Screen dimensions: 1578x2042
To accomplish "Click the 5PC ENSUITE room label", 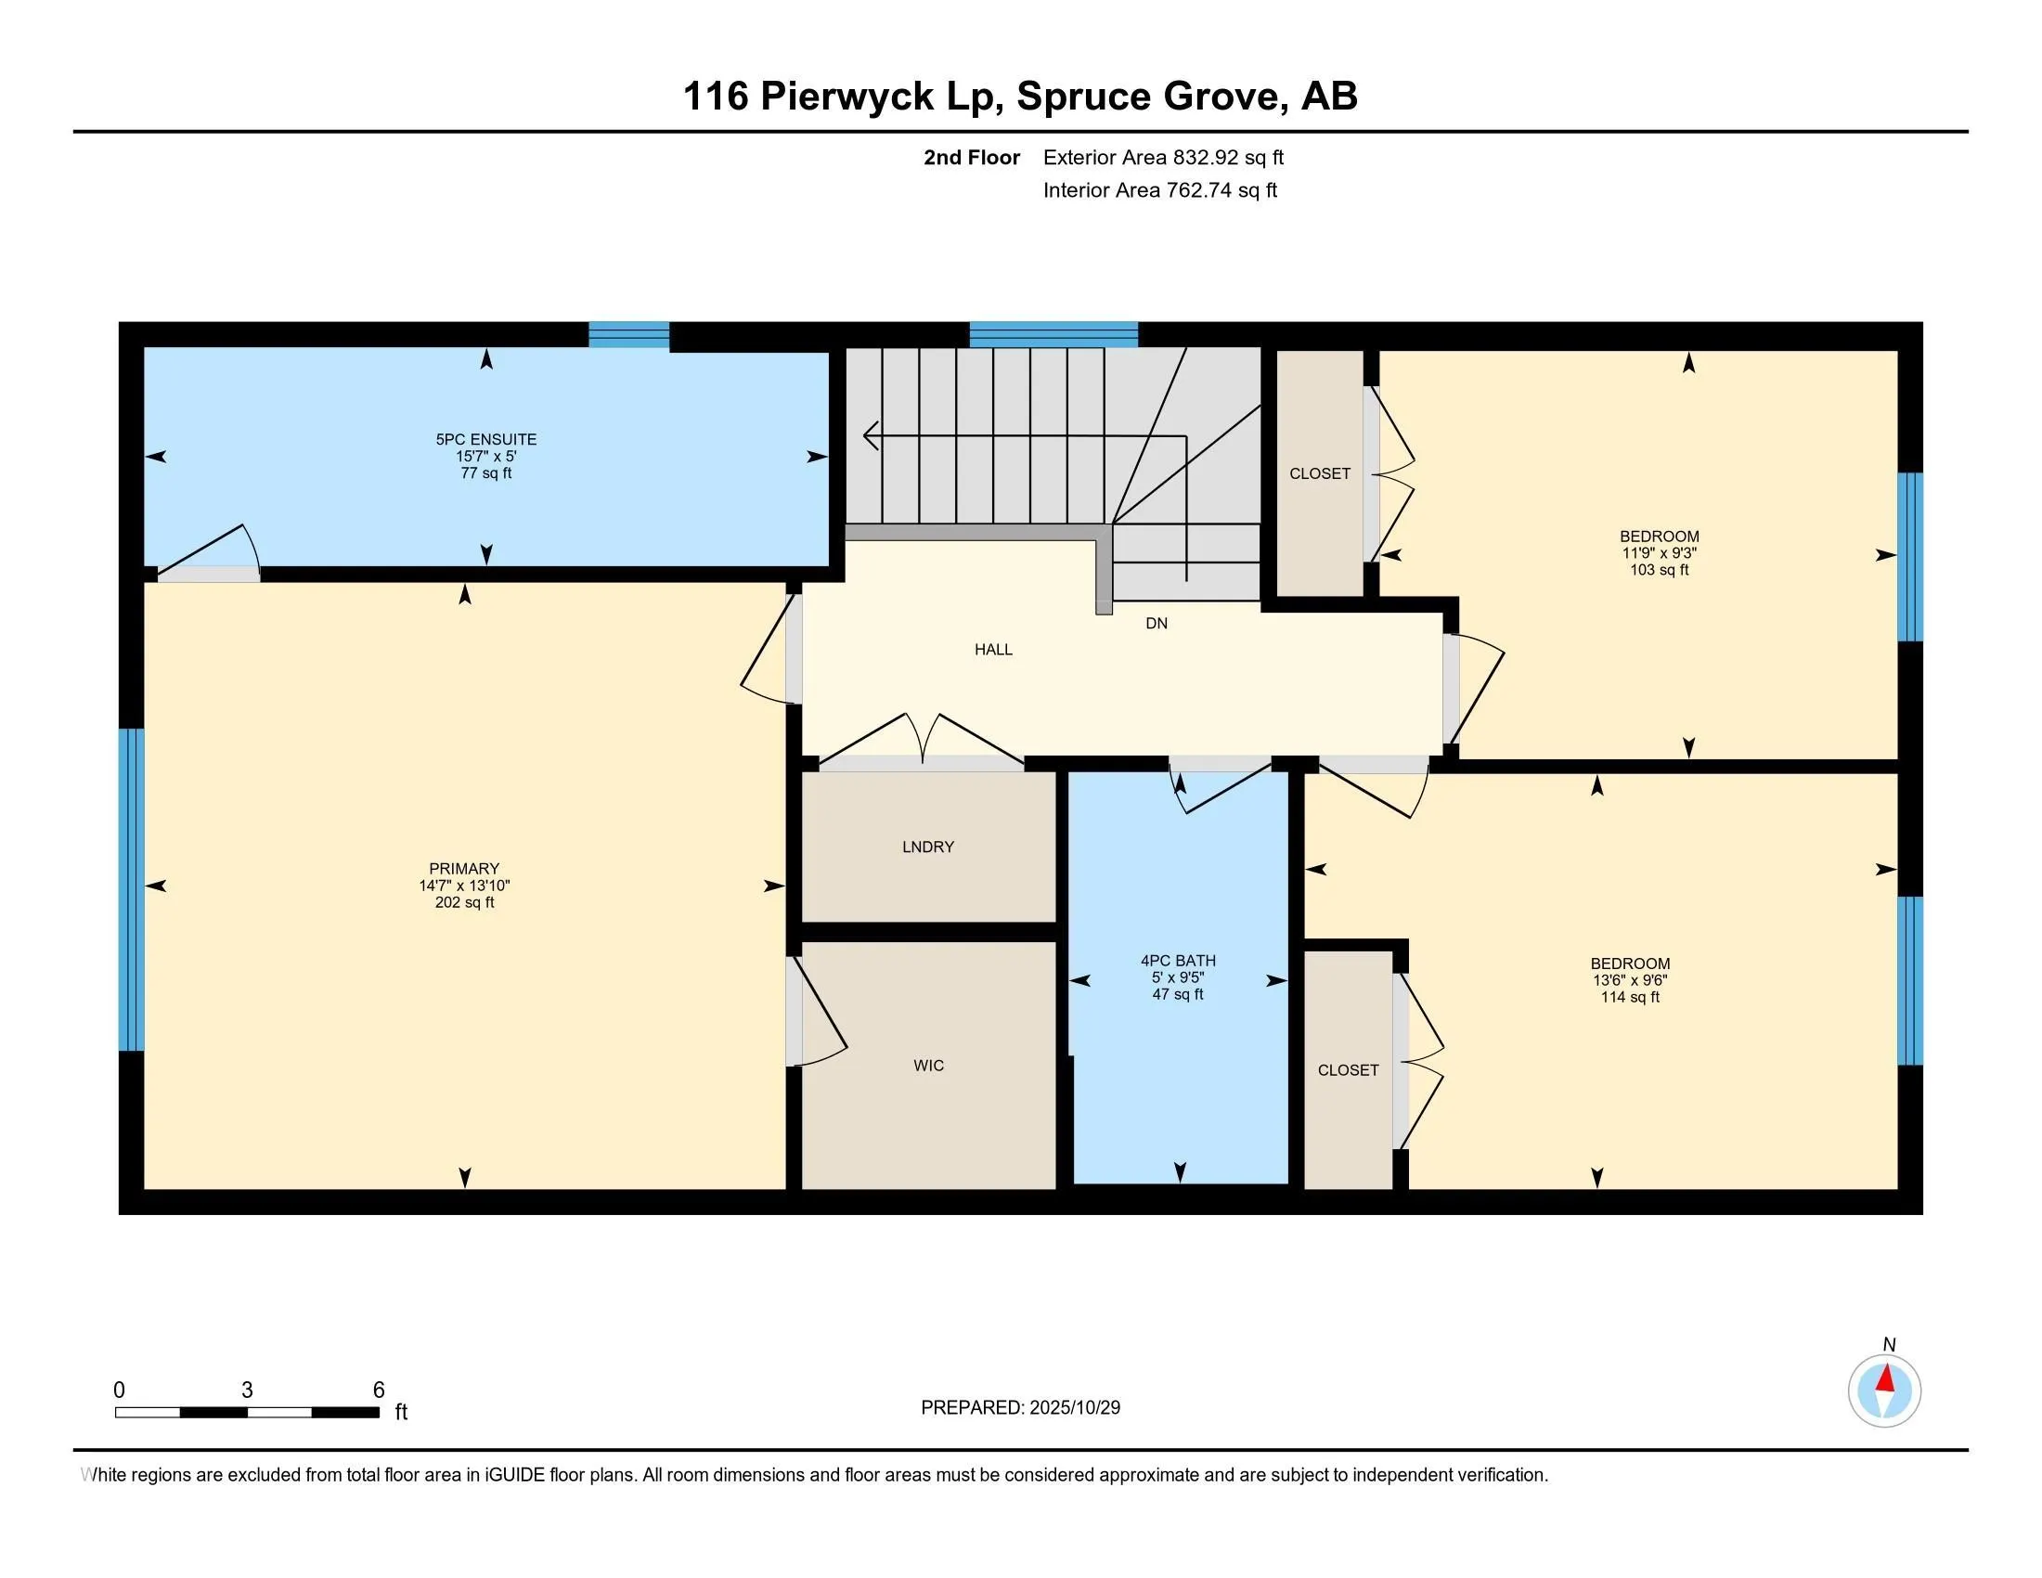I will (485, 439).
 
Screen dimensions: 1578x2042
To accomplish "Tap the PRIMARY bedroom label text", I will (464, 869).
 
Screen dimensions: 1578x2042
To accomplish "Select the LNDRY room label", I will (927, 847).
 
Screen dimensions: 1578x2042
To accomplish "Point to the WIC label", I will (928, 1066).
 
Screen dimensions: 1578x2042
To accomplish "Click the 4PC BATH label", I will (1177, 960).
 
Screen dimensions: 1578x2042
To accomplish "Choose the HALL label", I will (993, 650).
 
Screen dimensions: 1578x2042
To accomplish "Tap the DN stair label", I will (1156, 624).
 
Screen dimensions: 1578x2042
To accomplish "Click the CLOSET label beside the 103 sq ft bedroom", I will (1319, 474).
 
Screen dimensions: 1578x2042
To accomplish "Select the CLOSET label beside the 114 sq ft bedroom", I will (1348, 1070).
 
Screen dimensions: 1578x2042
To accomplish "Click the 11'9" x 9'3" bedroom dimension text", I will (1659, 553).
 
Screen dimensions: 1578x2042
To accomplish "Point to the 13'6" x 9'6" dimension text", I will (1630, 980).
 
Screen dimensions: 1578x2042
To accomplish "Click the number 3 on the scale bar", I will (247, 1390).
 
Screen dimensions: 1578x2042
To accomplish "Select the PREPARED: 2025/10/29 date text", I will (1020, 1408).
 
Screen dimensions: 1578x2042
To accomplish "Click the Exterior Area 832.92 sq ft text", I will (1162, 158).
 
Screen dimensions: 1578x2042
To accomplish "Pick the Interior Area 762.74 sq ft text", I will (1159, 190).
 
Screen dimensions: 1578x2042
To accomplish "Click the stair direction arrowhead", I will (870, 434).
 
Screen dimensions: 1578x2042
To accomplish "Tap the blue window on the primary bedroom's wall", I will (132, 889).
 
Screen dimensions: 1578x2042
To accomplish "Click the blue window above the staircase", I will (1053, 335).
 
